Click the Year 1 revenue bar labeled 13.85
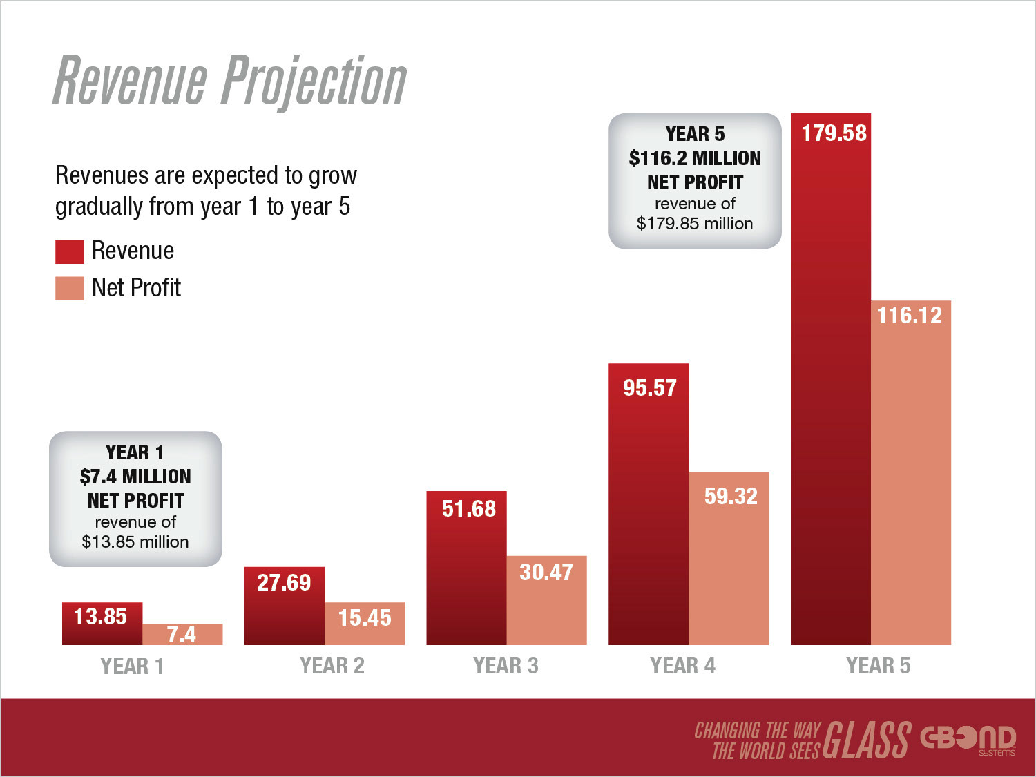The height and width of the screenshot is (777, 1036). tap(102, 624)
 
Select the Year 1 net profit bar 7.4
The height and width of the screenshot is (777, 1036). tap(182, 634)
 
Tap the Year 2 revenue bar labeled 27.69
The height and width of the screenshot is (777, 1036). tap(284, 606)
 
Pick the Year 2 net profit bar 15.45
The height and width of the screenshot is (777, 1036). tap(365, 624)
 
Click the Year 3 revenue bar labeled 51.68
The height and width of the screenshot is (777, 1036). tap(466, 568)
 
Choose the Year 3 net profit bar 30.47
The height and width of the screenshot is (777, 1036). tap(546, 600)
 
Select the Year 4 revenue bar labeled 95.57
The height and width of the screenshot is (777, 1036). tap(648, 504)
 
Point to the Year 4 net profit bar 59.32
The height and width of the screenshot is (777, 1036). tap(729, 558)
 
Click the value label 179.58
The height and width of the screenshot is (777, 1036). tap(834, 133)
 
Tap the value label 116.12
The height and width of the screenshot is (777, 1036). tap(910, 316)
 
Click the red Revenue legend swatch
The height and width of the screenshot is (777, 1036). tap(69, 251)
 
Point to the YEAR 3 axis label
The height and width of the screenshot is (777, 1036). tap(506, 666)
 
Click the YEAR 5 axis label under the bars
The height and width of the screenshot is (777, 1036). tap(878, 666)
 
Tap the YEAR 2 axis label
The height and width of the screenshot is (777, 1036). tap(332, 666)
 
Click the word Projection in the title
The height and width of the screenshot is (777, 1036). tap(315, 81)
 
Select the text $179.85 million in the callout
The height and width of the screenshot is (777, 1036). tap(695, 224)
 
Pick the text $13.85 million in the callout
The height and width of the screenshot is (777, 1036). tap(135, 542)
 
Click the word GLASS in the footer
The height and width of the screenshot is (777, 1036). tap(867, 739)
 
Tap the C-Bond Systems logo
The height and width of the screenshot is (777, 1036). tap(968, 739)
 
